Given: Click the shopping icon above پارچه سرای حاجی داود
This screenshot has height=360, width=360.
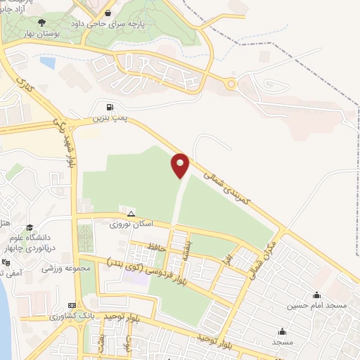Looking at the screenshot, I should pyautogui.click(x=127, y=12).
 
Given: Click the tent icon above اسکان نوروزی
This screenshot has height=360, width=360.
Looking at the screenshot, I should pyautogui.click(x=130, y=213).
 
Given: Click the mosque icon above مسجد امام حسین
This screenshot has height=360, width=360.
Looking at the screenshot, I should pyautogui.click(x=316, y=295).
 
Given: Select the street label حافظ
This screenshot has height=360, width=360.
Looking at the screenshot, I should pyautogui.click(x=156, y=247).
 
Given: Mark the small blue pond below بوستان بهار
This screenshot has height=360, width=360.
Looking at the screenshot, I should pyautogui.click(x=47, y=63).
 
